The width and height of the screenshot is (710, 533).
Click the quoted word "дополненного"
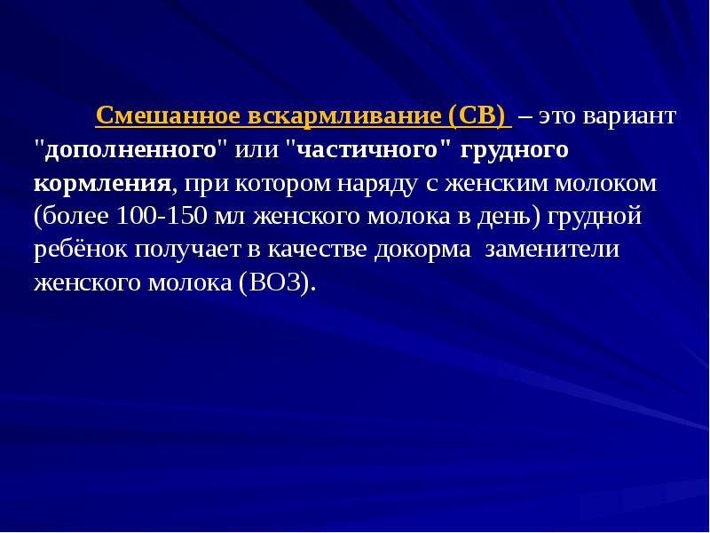pos(130,149)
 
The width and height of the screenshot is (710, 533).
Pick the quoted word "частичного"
pos(368,149)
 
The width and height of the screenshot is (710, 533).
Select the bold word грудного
pos(515,149)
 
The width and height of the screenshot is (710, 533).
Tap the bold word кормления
pos(102,183)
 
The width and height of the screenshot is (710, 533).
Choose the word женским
pos(494,183)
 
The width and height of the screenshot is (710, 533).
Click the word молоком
pos(611,183)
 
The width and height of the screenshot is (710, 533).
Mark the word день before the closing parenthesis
pos(513,216)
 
